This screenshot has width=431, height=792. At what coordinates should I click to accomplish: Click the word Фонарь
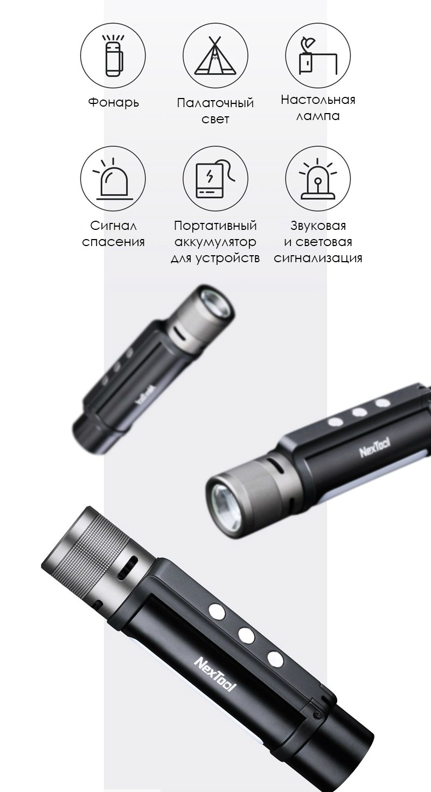coord(114,102)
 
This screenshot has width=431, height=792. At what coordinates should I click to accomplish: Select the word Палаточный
coord(215,103)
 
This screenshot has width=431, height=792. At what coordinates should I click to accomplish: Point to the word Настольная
coord(318,100)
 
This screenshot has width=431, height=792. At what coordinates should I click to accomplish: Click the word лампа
coord(318,116)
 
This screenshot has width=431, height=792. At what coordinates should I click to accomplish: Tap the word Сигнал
coord(113,226)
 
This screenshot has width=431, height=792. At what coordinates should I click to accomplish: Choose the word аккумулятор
coord(215,242)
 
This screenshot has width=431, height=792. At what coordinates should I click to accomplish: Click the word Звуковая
coord(318,226)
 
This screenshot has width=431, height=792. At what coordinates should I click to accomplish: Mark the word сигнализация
coord(318,258)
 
